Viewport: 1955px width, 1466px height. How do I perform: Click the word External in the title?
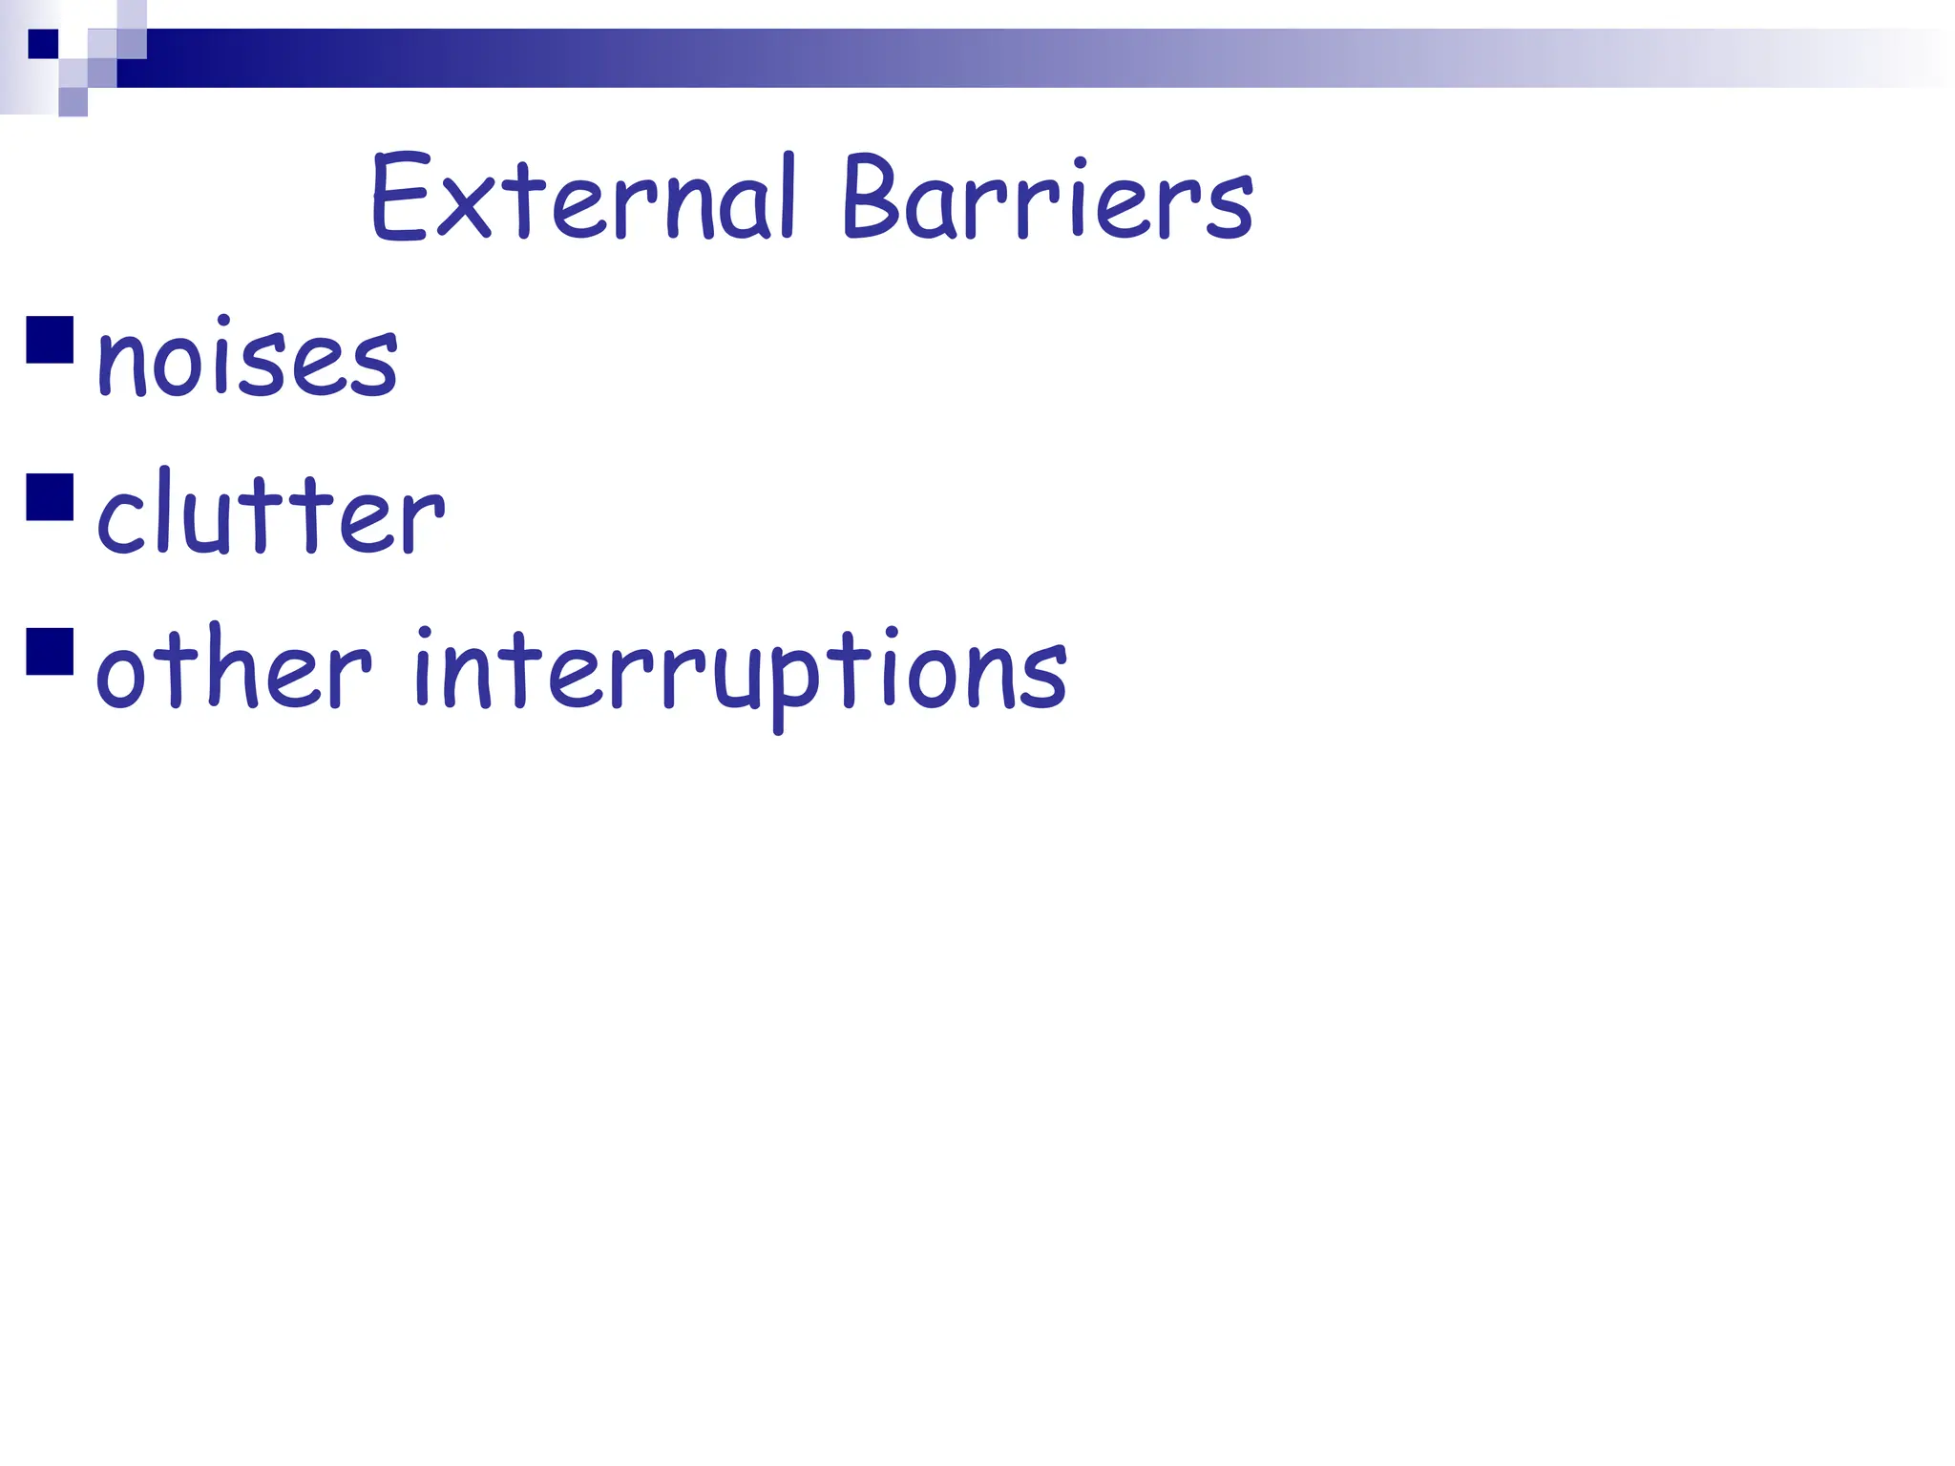click(x=582, y=199)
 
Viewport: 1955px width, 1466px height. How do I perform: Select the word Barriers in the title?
click(x=1046, y=199)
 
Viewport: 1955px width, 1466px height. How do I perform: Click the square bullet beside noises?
click(x=51, y=340)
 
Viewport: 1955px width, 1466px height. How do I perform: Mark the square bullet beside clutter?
click(x=51, y=496)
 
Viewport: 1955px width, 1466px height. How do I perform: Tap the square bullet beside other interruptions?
click(x=51, y=652)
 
